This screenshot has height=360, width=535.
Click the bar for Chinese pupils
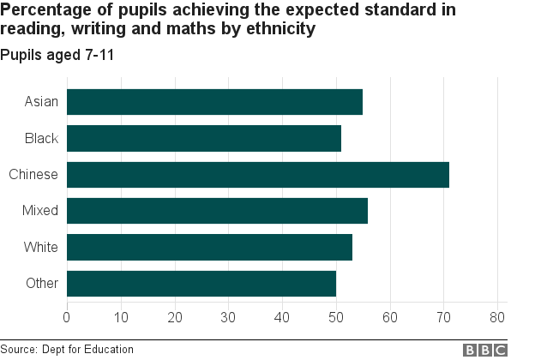257,175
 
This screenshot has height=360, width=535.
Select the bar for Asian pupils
214,102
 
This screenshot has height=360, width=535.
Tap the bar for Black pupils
204,138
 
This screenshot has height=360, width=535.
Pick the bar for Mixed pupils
217,211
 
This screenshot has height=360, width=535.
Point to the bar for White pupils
209,248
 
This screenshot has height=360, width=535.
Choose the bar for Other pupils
201,284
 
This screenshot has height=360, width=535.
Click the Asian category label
41,102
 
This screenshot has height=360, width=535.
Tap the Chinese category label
33,175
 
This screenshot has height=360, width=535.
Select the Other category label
41,284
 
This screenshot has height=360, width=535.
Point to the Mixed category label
40,211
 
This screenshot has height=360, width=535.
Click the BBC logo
486,350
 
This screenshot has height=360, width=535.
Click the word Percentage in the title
43,10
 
